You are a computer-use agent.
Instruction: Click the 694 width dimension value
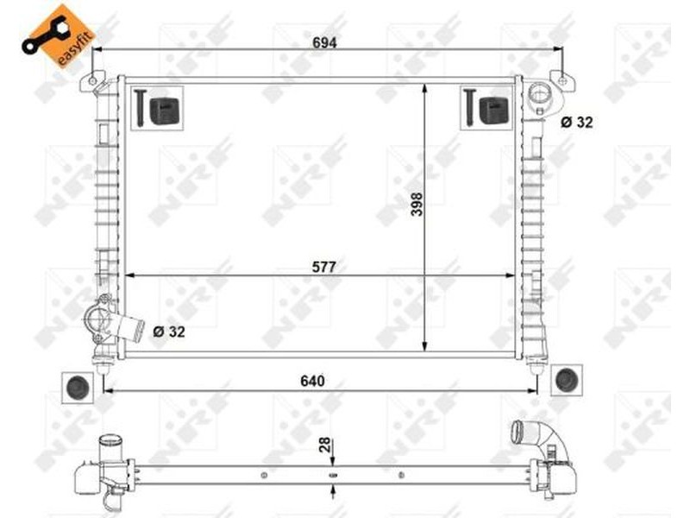[x=324, y=42]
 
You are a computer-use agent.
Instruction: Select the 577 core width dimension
[x=324, y=267]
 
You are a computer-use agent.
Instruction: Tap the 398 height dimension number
[x=417, y=204]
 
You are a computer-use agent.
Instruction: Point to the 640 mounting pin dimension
[x=312, y=381]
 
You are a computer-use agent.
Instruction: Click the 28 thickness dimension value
[x=325, y=445]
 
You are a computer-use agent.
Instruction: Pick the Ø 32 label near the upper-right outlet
[x=576, y=122]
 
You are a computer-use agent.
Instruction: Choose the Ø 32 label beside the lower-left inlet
[x=169, y=332]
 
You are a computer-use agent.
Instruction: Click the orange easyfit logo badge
[x=58, y=36]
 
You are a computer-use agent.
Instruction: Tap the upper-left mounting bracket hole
[x=92, y=81]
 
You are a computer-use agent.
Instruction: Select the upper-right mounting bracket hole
[x=562, y=81]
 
